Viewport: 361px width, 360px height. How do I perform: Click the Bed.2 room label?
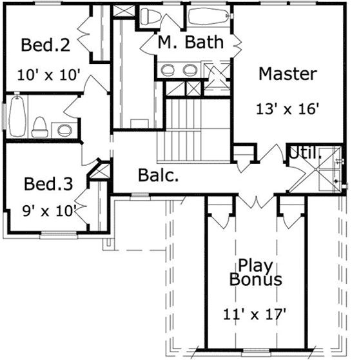(45, 46)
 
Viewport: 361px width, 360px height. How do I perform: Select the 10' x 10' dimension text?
(49, 74)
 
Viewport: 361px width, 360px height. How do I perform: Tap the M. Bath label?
(191, 43)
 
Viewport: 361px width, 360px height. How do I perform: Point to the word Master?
(288, 74)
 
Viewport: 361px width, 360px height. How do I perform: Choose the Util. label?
(305, 154)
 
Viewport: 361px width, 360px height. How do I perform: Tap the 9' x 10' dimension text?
(48, 210)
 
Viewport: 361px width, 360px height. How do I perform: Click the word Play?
(254, 265)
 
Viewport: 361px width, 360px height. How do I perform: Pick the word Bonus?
(256, 280)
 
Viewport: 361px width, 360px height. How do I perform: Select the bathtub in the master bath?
(208, 15)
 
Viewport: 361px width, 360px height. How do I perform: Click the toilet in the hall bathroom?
(40, 125)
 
